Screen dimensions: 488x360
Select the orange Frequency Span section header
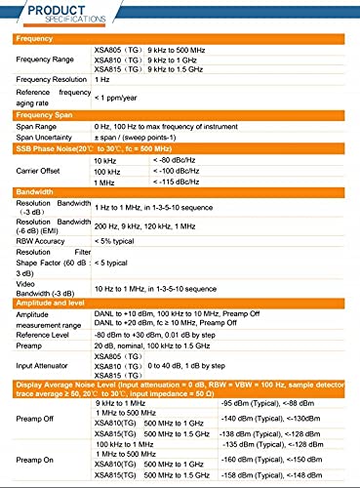[48, 115]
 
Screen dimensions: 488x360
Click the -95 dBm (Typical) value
[254, 402]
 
